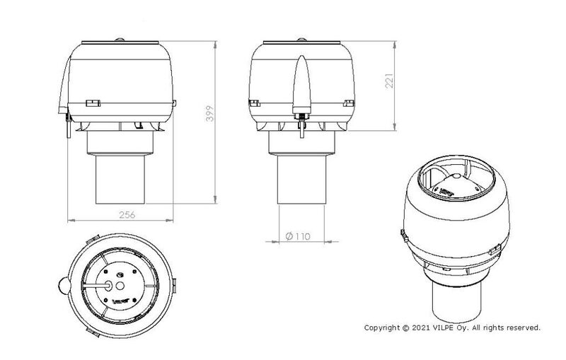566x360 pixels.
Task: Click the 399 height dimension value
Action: click(209, 113)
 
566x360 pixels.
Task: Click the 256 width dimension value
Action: click(127, 215)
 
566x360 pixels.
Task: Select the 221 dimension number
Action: click(389, 81)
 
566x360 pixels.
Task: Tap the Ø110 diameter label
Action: click(298, 236)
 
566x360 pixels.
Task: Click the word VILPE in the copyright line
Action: click(442, 327)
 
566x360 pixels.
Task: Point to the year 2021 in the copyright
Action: click(420, 327)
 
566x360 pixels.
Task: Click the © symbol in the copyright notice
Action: click(406, 327)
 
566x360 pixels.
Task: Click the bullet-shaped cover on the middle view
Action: click(302, 84)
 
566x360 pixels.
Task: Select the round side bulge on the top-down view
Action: click(64, 286)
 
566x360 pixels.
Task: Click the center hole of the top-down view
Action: click(120, 286)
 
